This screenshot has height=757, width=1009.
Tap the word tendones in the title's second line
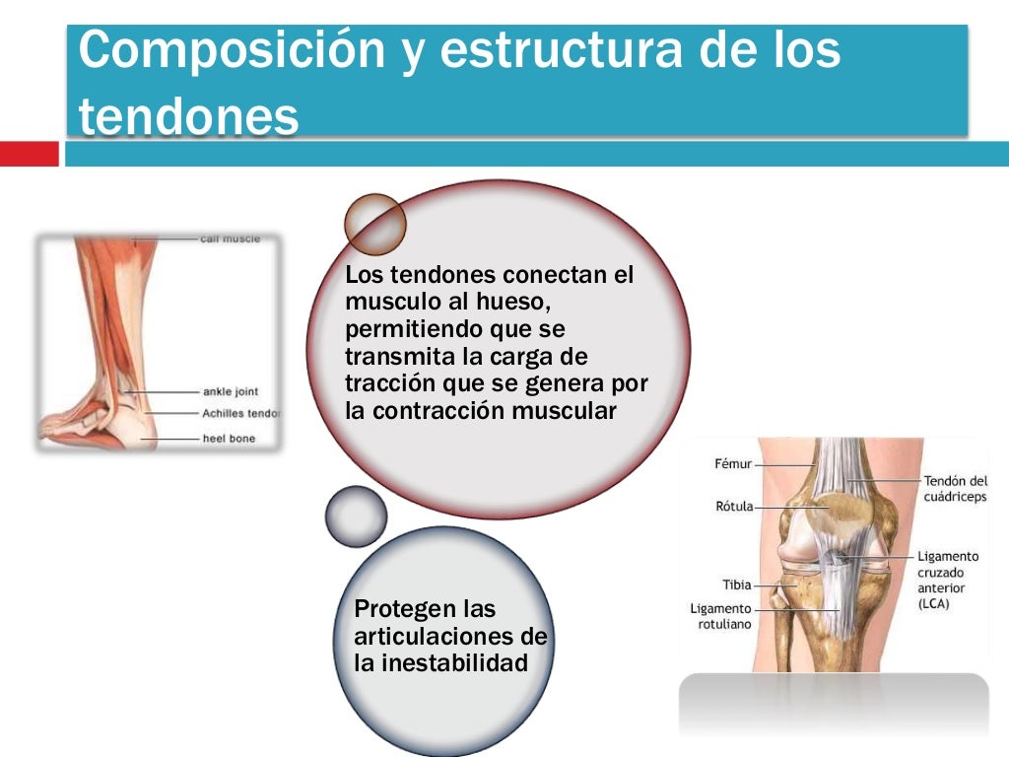tap(188, 117)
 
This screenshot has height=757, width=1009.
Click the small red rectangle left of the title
tap(29, 154)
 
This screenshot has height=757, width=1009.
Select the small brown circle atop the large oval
tap(374, 224)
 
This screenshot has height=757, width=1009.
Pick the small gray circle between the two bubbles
tap(356, 516)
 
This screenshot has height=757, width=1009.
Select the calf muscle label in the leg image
tap(230, 239)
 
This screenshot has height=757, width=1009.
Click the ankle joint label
tap(230, 392)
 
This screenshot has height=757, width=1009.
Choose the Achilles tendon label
tap(240, 413)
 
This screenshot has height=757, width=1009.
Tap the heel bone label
tap(229, 438)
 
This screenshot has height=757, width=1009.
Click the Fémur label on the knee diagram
tap(733, 463)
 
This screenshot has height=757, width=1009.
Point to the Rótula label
tap(734, 507)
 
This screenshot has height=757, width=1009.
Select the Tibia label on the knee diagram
tap(736, 585)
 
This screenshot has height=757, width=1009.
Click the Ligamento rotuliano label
tap(720, 616)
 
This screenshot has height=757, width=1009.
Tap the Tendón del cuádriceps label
tap(954, 489)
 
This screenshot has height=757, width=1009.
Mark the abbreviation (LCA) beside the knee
tap(933, 604)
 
